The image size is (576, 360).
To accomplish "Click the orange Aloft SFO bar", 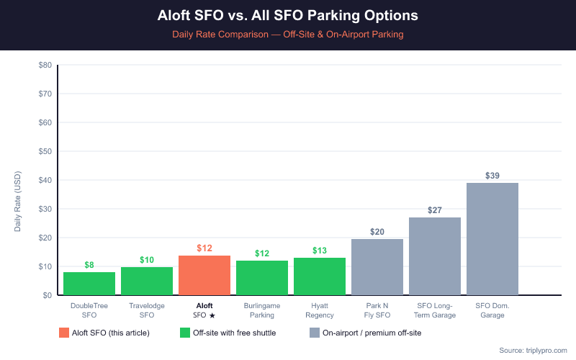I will [204, 275].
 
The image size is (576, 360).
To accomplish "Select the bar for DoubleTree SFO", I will [89, 284].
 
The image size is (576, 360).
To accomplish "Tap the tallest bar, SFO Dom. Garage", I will [492, 239].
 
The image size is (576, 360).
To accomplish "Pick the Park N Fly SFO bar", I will [377, 267].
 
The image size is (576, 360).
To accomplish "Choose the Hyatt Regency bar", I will [320, 276].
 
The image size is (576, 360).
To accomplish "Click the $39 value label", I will [492, 176].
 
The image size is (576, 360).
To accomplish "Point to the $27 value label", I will [435, 210].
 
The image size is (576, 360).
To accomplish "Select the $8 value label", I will [89, 265].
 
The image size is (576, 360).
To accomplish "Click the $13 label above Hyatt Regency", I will [320, 251].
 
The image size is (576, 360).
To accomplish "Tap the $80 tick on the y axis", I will [45, 65].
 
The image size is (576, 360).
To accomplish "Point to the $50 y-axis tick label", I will [45, 151].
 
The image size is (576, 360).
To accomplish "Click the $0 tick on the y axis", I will [47, 295].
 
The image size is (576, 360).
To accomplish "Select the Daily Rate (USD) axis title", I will [19, 202].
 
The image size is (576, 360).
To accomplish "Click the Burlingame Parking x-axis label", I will [262, 310].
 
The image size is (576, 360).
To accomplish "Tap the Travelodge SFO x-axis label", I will [147, 310].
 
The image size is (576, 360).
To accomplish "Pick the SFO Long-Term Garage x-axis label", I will [435, 310].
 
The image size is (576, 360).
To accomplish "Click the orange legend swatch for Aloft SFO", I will [65, 333].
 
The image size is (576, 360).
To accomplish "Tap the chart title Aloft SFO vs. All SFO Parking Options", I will [288, 15].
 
